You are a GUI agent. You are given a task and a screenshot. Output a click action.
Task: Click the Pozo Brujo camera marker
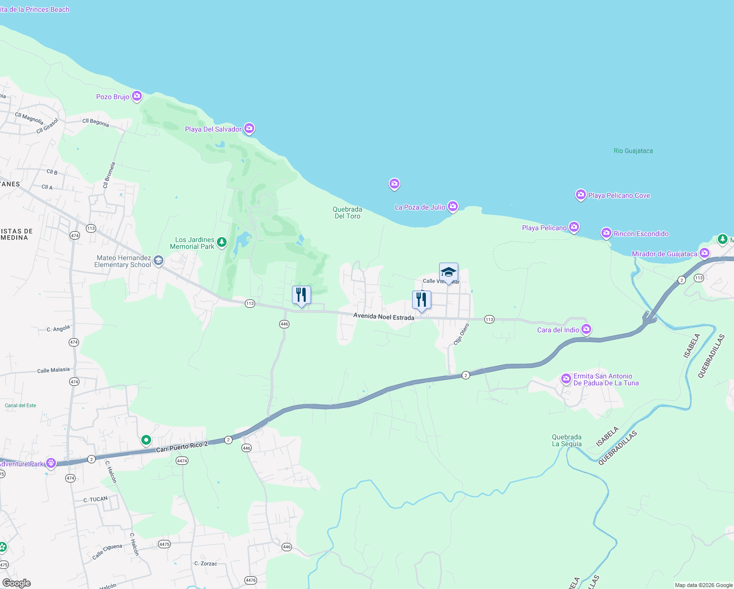(137, 96)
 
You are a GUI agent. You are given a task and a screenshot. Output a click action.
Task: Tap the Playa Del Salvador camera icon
(249, 129)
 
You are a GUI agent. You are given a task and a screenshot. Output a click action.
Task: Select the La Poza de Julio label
(420, 208)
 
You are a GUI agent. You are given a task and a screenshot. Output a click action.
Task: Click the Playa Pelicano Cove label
(619, 195)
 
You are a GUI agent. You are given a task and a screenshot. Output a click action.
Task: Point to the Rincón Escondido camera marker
(606, 233)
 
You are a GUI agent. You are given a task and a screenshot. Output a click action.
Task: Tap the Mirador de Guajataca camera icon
(705, 253)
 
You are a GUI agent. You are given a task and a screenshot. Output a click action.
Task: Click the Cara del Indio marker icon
(586, 329)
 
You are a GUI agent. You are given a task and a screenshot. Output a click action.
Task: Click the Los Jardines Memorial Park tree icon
(222, 242)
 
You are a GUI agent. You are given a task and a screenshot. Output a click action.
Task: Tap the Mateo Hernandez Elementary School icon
(158, 261)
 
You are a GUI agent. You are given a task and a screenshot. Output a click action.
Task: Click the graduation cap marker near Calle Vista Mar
(448, 272)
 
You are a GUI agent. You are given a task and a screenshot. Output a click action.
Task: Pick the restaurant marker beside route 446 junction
(301, 295)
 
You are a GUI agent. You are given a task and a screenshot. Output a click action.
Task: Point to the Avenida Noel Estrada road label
(384, 317)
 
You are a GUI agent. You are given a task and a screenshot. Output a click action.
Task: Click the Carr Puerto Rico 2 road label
(182, 447)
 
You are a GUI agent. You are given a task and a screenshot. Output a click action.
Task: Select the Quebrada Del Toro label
(347, 213)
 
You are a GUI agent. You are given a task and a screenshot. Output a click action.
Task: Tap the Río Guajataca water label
(633, 151)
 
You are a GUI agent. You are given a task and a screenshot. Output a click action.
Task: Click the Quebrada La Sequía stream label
(567, 440)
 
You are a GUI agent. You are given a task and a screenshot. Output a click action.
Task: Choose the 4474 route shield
(182, 461)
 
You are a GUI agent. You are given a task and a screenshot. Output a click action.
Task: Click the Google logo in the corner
(17, 583)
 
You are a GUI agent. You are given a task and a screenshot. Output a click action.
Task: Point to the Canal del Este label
(21, 405)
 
